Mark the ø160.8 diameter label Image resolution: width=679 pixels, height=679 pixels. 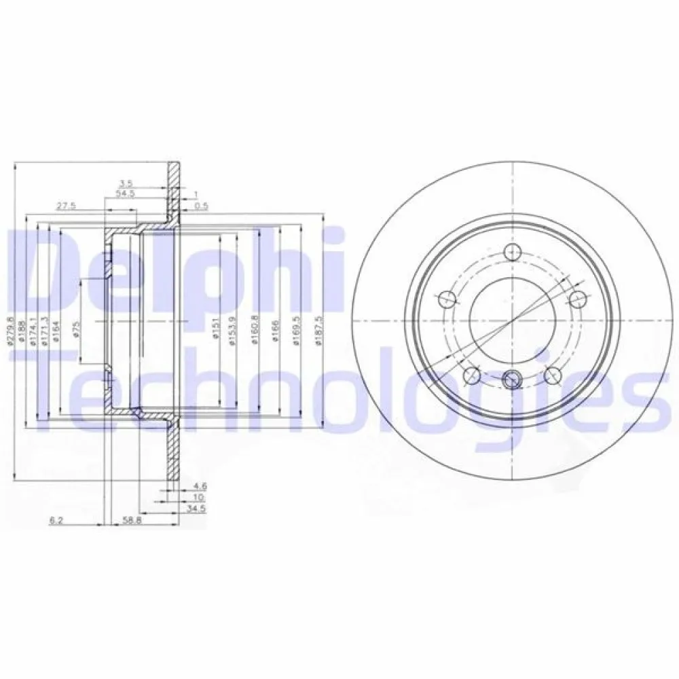[x=253, y=330]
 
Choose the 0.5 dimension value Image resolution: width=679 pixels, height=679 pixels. [x=200, y=205]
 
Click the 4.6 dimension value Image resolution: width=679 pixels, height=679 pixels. [x=199, y=485]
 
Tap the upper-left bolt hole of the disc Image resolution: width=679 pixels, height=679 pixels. [x=446, y=298]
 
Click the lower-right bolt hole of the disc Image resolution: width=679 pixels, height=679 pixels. [x=551, y=375]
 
